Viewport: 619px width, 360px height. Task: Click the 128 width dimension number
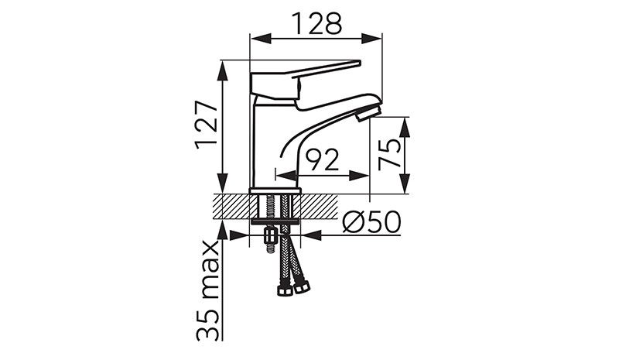316,23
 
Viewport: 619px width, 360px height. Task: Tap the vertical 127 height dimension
207,125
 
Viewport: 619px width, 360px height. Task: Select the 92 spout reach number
323,159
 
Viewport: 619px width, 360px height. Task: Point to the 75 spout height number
389,155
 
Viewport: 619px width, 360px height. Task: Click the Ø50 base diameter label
371,221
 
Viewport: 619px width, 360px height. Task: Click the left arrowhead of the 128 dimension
262,39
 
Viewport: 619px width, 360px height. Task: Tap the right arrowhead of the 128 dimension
371,39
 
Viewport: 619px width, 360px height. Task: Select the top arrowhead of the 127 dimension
224,71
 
